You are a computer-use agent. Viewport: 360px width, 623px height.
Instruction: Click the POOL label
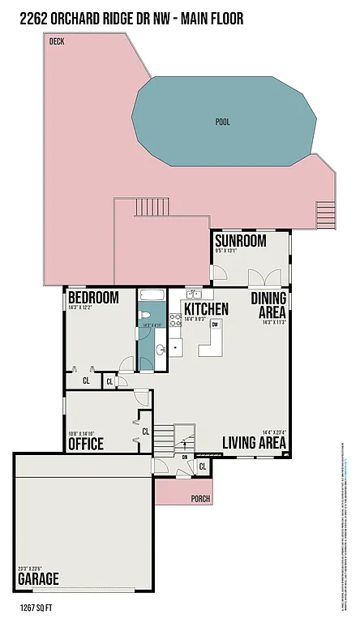tap(222, 122)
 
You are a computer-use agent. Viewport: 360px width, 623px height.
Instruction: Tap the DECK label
tap(57, 41)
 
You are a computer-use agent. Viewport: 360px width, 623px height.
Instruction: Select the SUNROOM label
tap(240, 241)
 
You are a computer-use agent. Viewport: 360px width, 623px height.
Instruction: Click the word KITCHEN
tap(206, 309)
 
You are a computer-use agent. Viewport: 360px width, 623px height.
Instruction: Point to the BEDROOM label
tap(93, 297)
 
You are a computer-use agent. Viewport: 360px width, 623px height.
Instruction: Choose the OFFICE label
tap(85, 444)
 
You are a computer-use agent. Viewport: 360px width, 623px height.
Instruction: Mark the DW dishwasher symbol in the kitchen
tap(215, 325)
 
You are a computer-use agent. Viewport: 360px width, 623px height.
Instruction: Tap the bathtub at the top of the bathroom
tap(152, 296)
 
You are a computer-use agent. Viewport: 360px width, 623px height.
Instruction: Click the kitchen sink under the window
tap(195, 294)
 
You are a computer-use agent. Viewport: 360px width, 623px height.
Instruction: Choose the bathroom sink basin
tap(160, 349)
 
